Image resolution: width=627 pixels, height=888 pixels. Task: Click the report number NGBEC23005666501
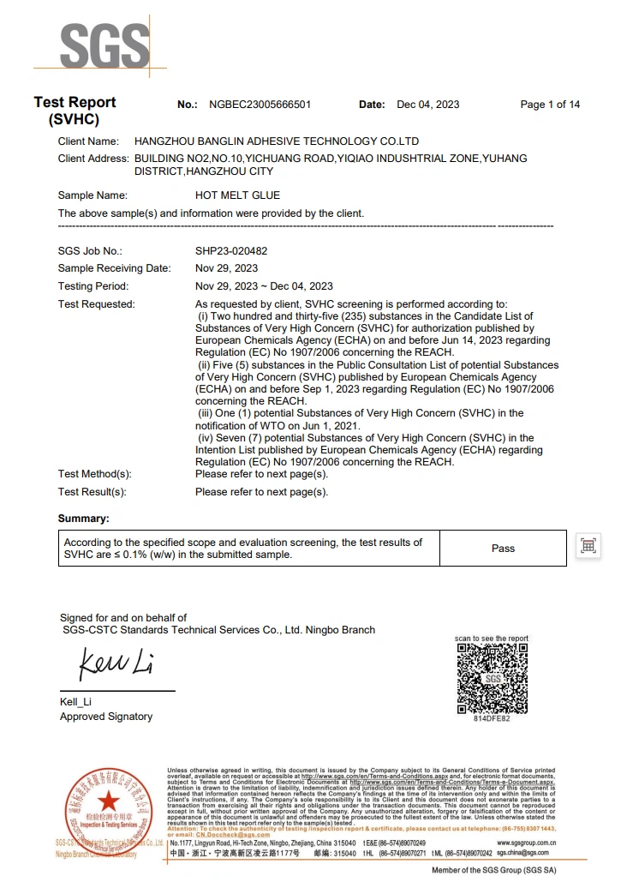(260, 105)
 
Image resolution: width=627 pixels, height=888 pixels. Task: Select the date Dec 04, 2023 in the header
(428, 105)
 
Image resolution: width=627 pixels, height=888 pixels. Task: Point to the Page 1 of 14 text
(550, 105)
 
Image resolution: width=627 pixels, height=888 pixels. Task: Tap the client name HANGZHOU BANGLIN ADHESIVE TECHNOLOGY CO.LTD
(277, 141)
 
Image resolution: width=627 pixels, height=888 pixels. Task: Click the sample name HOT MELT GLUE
(237, 195)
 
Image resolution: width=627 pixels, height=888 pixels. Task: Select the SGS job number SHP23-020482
(231, 251)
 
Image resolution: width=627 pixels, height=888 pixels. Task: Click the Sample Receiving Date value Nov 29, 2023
(226, 268)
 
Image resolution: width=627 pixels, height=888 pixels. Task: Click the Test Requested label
(96, 304)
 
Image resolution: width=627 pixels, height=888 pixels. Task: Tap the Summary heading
(83, 519)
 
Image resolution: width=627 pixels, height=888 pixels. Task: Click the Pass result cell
(503, 548)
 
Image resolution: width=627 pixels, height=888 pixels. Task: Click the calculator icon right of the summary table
(588, 546)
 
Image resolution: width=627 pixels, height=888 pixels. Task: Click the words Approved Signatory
(106, 717)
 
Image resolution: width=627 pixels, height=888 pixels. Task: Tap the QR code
(492, 678)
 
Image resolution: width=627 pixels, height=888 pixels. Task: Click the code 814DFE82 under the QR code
(492, 718)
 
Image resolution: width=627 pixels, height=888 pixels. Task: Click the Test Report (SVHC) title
(75, 111)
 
